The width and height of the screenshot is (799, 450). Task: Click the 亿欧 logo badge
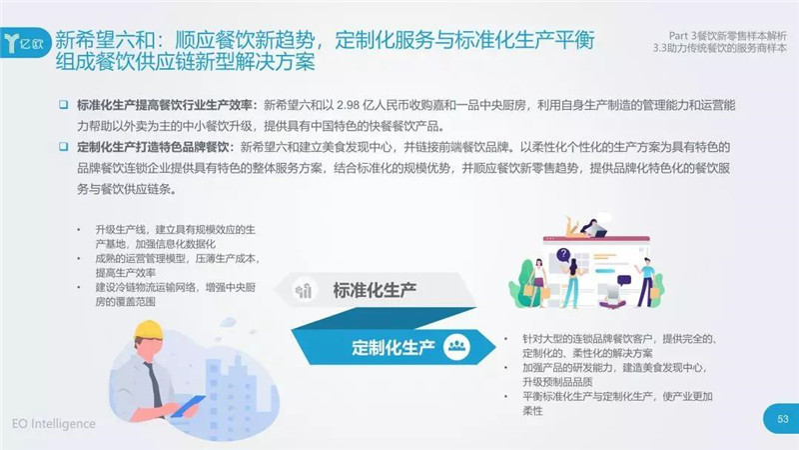click(x=26, y=42)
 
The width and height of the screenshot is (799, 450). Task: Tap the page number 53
click(x=783, y=419)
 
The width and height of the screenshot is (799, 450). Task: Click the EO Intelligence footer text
click(x=54, y=423)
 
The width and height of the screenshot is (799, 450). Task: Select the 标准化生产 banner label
click(x=375, y=290)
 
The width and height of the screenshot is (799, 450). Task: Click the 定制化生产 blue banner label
click(x=393, y=347)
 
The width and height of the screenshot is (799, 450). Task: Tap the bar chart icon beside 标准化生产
click(x=304, y=290)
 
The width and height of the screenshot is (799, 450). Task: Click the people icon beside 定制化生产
click(x=456, y=346)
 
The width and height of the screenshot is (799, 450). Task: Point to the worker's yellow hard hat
click(x=149, y=331)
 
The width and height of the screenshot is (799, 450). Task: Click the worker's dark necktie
click(x=153, y=384)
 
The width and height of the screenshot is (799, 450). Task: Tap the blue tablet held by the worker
click(x=188, y=406)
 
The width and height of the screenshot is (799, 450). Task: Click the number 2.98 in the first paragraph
click(x=348, y=106)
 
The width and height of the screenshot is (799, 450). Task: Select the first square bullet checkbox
click(x=64, y=105)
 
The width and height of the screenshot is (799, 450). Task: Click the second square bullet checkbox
click(x=64, y=147)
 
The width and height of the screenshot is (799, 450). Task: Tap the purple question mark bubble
click(x=563, y=255)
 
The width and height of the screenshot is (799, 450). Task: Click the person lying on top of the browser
click(x=586, y=228)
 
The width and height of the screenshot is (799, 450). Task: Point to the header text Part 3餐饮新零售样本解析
click(x=728, y=36)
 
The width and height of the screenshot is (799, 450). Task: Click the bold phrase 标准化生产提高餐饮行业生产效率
click(x=165, y=106)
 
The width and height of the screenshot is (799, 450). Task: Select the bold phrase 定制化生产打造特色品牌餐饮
click(x=153, y=147)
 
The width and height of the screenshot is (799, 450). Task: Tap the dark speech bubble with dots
click(x=623, y=280)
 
